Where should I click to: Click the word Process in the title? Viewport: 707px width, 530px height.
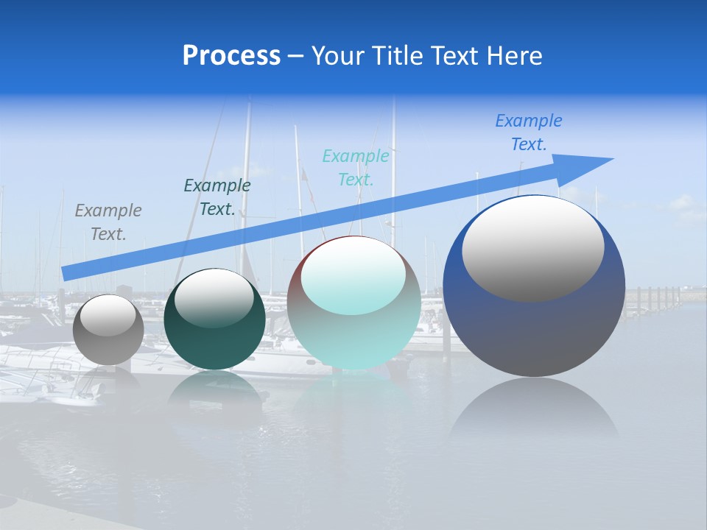(231, 56)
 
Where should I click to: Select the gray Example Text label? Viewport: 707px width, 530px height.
(108, 222)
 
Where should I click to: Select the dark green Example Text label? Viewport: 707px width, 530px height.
(217, 197)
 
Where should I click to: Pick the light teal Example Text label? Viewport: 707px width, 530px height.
(356, 167)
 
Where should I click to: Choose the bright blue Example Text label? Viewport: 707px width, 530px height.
(529, 132)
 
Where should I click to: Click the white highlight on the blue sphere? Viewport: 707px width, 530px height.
(532, 249)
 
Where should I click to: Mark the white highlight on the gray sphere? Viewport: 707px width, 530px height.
(108, 315)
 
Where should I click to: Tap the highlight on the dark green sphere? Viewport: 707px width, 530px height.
(214, 298)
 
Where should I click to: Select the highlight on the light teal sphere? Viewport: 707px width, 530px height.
(353, 276)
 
